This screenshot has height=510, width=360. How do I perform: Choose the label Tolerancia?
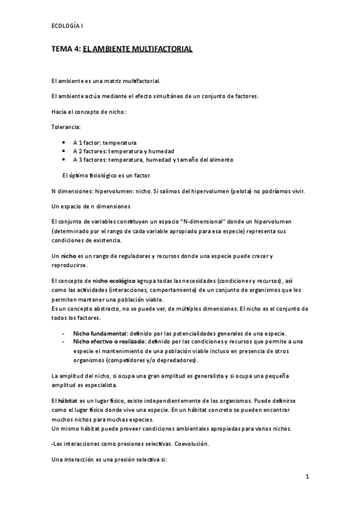pos(66,127)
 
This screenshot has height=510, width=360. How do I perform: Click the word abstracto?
pos(94,309)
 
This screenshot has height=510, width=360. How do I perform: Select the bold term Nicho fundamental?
pos(100,333)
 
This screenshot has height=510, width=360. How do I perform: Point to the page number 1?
pos(307,478)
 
